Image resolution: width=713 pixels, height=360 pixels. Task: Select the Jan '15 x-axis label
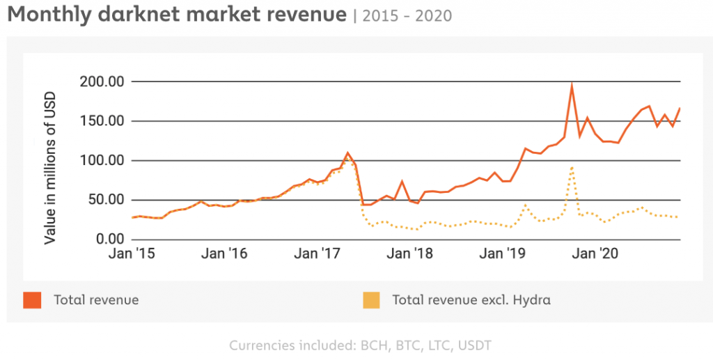click(132, 254)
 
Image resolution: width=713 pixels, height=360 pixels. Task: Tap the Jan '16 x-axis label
click(224, 254)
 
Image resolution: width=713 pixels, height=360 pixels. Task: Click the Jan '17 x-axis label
click(317, 254)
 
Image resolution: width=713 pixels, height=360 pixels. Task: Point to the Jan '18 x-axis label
click(409, 254)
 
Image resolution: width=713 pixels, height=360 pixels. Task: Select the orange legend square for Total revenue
click(33, 300)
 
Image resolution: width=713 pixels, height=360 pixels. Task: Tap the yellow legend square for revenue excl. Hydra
click(371, 300)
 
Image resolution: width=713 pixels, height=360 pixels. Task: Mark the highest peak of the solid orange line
click(572, 85)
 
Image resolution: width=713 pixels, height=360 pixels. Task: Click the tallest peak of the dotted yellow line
click(572, 167)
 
